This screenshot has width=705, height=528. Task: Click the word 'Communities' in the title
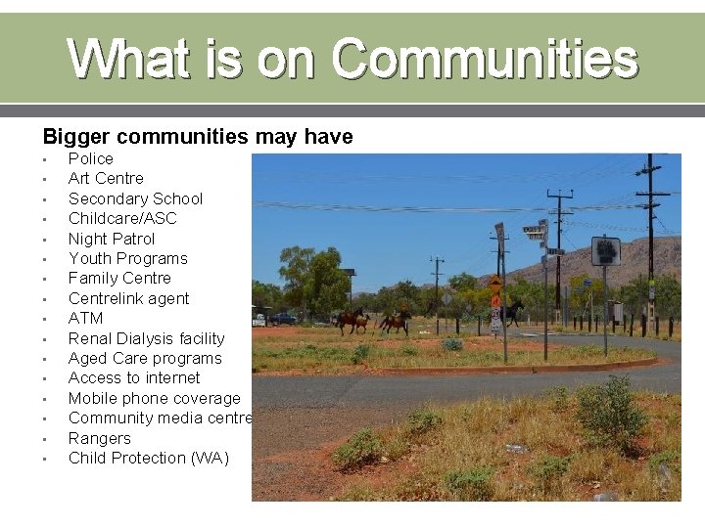click(485, 59)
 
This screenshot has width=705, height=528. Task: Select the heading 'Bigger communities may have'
click(197, 137)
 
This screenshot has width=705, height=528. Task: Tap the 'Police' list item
click(90, 158)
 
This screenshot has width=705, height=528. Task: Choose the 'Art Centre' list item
click(106, 178)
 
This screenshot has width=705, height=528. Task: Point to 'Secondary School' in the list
click(135, 198)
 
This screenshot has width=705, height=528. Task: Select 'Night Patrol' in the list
click(112, 239)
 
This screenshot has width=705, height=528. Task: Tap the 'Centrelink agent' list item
click(128, 298)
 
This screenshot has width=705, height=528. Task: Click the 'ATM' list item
click(85, 318)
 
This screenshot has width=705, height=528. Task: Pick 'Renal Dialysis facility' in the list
click(146, 338)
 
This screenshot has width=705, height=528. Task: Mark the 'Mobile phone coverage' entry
click(154, 398)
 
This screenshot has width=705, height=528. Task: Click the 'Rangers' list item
click(99, 438)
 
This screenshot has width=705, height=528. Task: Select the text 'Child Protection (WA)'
click(149, 458)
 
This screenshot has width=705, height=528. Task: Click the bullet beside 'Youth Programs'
click(45, 259)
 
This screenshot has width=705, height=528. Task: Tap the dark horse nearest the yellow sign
click(513, 312)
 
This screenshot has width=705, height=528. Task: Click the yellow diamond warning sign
click(495, 286)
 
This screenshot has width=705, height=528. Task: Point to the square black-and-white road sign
click(605, 251)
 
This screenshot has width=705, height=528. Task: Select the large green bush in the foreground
click(609, 411)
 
